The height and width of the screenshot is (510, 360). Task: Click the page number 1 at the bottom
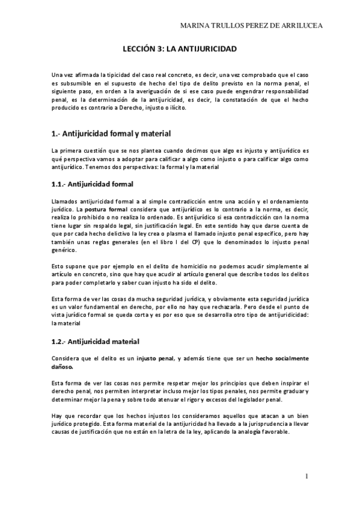coord(307,476)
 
